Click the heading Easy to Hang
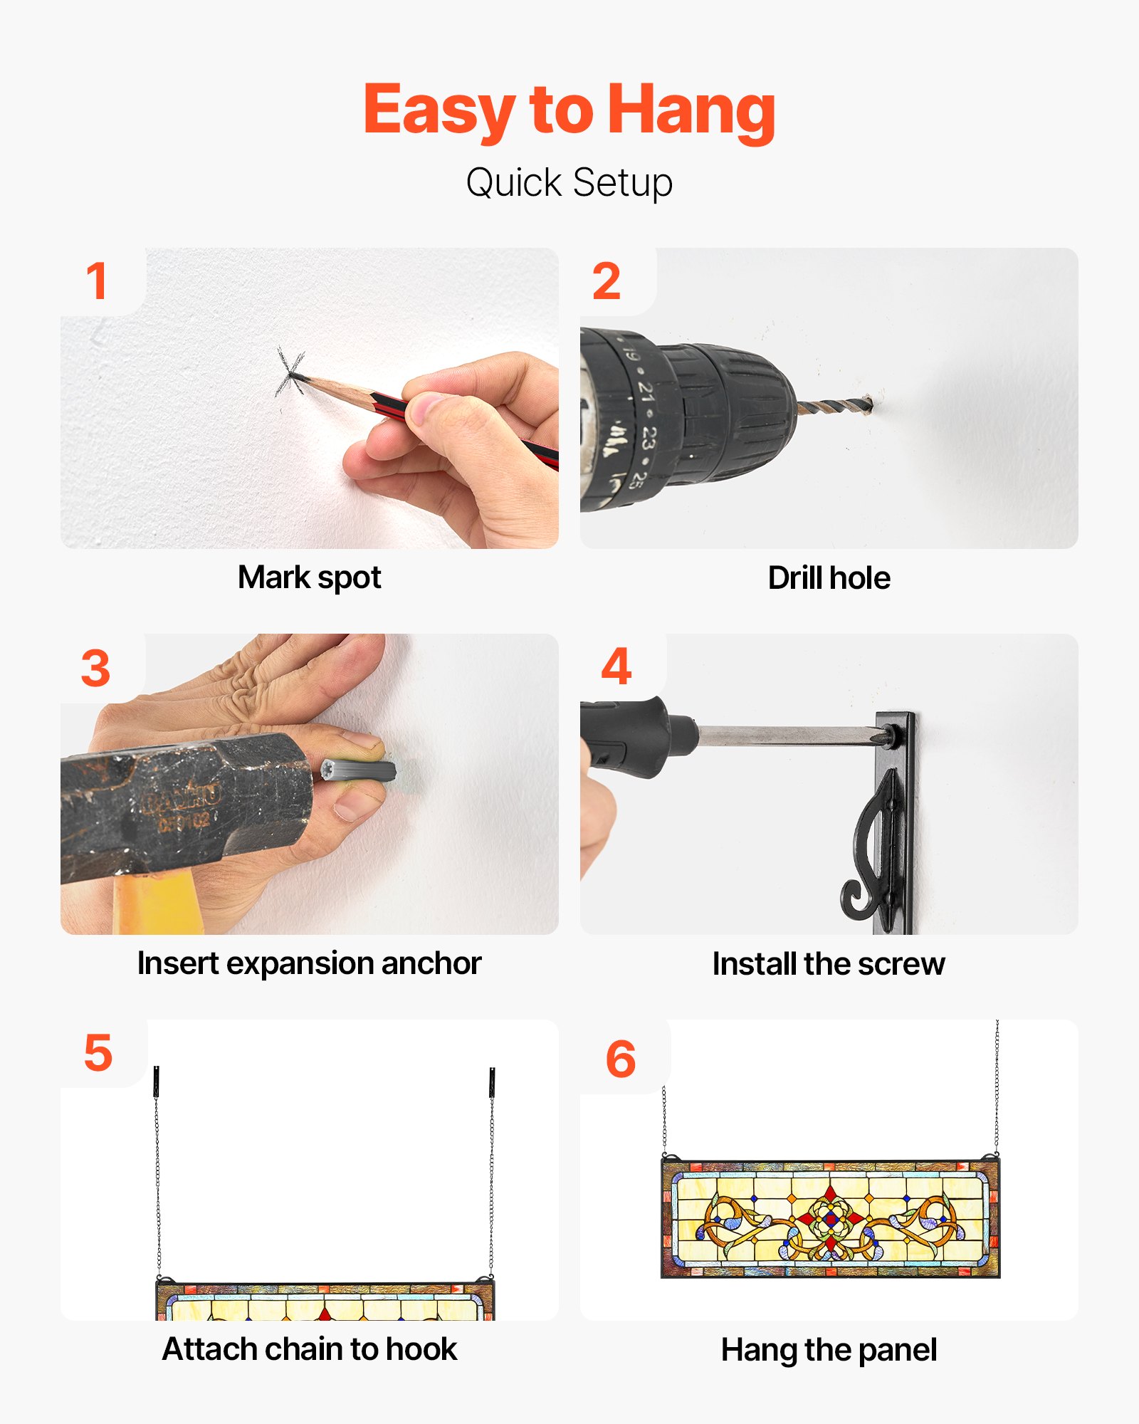[x=569, y=110]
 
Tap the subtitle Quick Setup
[x=569, y=183]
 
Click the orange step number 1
[x=97, y=281]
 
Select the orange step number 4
[x=616, y=666]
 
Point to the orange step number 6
[x=620, y=1059]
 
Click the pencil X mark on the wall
[x=290, y=372]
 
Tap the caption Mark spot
[x=309, y=577]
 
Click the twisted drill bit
[x=834, y=407]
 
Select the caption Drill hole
[x=829, y=578]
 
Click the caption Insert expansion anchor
[x=309, y=963]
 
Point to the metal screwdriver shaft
[x=787, y=736]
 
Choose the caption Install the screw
[x=829, y=964]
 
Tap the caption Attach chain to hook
[x=309, y=1349]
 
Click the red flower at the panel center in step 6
[x=829, y=1220]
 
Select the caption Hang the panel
[x=829, y=1350]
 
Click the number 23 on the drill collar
[x=646, y=436]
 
